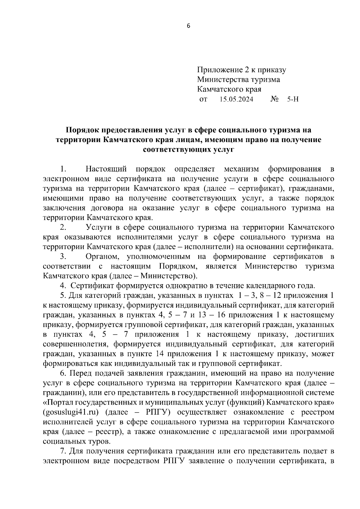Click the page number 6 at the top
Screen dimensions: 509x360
click(x=188, y=26)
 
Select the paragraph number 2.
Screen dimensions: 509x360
click(x=63, y=228)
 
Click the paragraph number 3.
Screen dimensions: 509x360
click(x=63, y=257)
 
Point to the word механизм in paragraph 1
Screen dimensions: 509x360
click(x=241, y=169)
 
